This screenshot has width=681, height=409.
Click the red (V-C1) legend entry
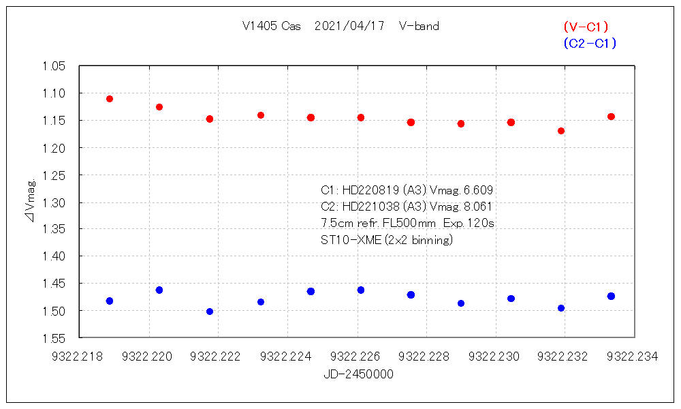586,27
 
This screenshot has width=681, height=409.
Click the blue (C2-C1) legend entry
590,43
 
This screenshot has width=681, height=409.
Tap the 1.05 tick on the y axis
54,66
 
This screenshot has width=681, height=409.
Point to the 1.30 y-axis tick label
54,202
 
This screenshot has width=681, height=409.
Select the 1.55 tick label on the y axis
54,338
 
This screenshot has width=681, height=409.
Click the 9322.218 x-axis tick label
79,356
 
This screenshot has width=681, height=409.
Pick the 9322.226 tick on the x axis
357,356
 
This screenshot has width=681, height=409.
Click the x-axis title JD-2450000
358,374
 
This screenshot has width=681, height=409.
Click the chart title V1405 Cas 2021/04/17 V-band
340,27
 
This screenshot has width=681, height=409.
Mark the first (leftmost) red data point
110,99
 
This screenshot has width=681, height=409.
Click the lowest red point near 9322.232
561,131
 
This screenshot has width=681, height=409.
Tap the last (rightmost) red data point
611,117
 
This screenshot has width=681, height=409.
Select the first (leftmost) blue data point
110,301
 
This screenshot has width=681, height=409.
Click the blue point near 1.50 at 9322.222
210,312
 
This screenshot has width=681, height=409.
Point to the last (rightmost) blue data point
611,296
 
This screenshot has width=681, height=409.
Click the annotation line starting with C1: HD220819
407,190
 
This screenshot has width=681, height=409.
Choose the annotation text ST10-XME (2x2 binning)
387,240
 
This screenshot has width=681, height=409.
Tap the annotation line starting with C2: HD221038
407,207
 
